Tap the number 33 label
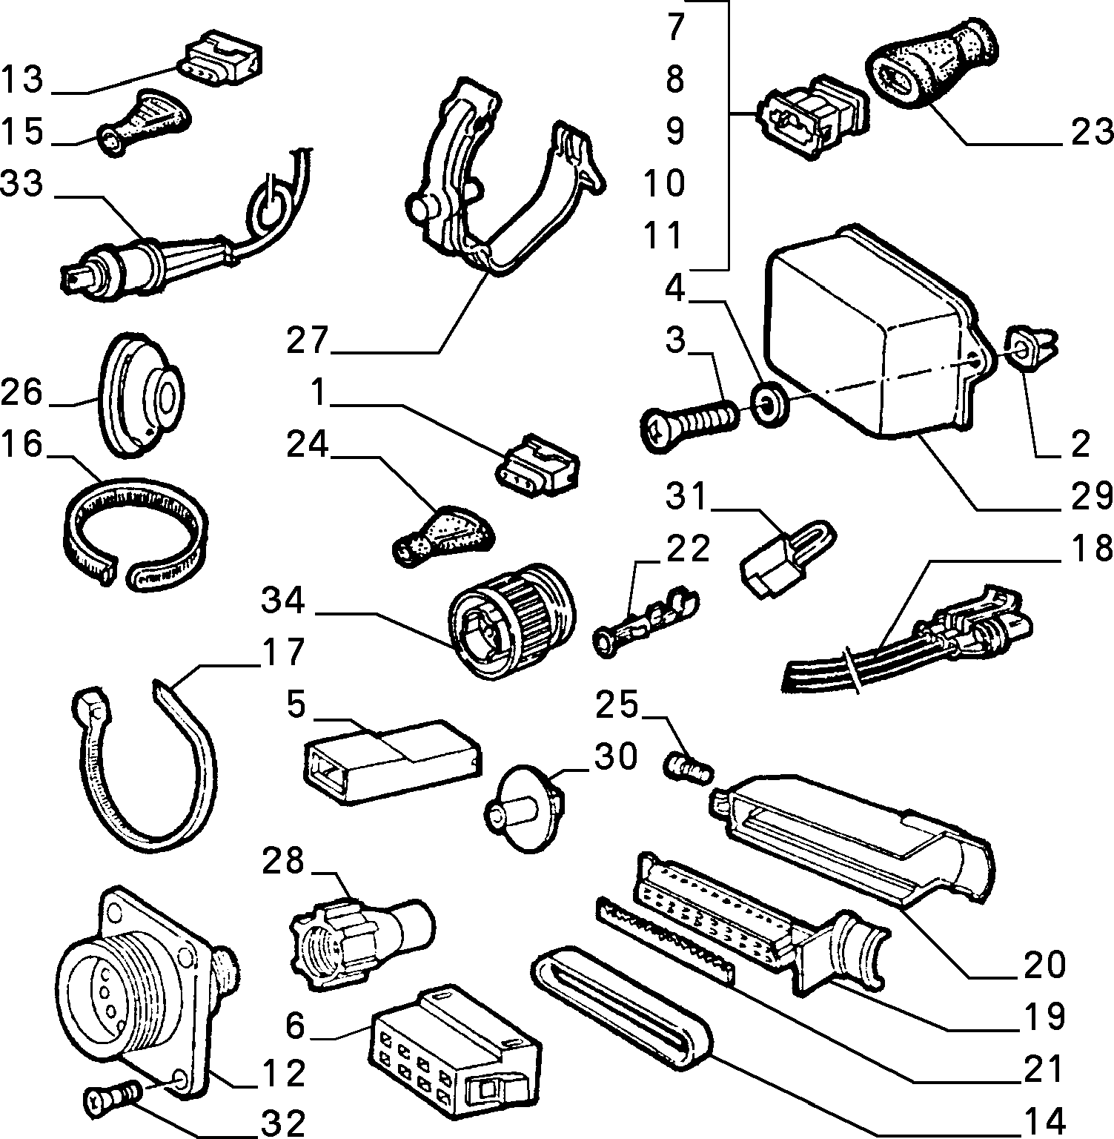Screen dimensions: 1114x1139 (x=23, y=184)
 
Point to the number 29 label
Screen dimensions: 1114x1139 (x=1090, y=495)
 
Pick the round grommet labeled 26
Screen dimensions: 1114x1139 (x=141, y=396)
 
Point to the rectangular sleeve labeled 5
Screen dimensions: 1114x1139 (x=391, y=760)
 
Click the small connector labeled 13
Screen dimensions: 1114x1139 (x=220, y=57)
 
